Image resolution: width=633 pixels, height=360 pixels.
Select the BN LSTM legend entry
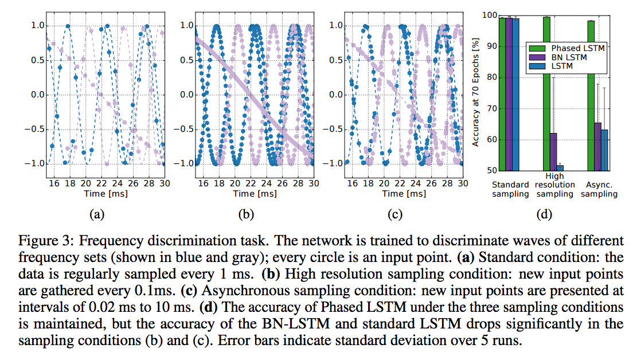pos(569,57)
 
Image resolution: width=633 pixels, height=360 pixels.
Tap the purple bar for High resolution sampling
pos(553,152)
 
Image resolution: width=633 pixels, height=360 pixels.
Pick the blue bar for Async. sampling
pos(604,150)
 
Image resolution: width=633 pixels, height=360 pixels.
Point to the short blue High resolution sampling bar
pos(560,168)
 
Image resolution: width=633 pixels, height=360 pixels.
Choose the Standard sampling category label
pos(510,189)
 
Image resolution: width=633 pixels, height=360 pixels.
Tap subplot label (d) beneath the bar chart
pos(544,215)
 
